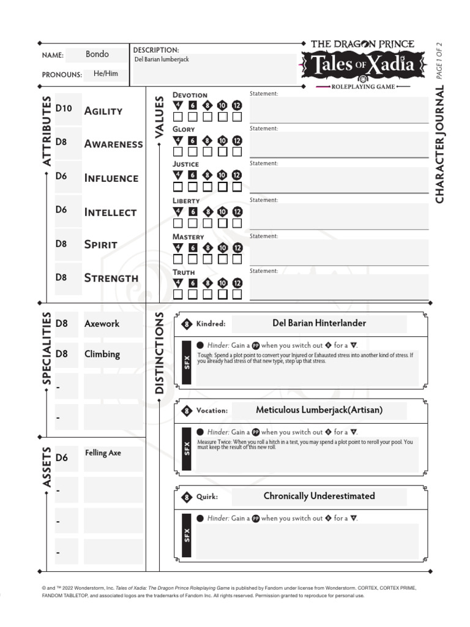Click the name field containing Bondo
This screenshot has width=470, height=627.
97,54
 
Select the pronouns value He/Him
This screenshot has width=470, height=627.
106,74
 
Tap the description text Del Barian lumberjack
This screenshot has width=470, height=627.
162,59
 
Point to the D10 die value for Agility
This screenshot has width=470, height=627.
64,109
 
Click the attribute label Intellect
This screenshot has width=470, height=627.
110,212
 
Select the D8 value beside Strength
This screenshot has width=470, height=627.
61,277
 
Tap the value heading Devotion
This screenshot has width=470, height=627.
190,95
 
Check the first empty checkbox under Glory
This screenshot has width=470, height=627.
178,151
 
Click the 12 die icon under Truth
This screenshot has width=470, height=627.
237,283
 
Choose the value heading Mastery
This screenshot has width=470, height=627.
188,237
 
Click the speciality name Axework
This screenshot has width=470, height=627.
102,324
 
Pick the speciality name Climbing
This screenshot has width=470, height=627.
102,354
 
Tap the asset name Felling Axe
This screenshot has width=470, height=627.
103,453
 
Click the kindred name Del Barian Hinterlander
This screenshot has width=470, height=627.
319,323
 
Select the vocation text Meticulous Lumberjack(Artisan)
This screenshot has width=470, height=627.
319,410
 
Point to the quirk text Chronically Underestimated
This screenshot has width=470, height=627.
319,496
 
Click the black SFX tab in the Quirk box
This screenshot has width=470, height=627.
187,535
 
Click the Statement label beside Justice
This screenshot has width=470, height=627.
264,163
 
